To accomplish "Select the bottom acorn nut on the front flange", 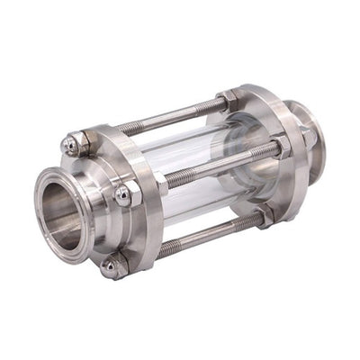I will coord(112,265).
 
